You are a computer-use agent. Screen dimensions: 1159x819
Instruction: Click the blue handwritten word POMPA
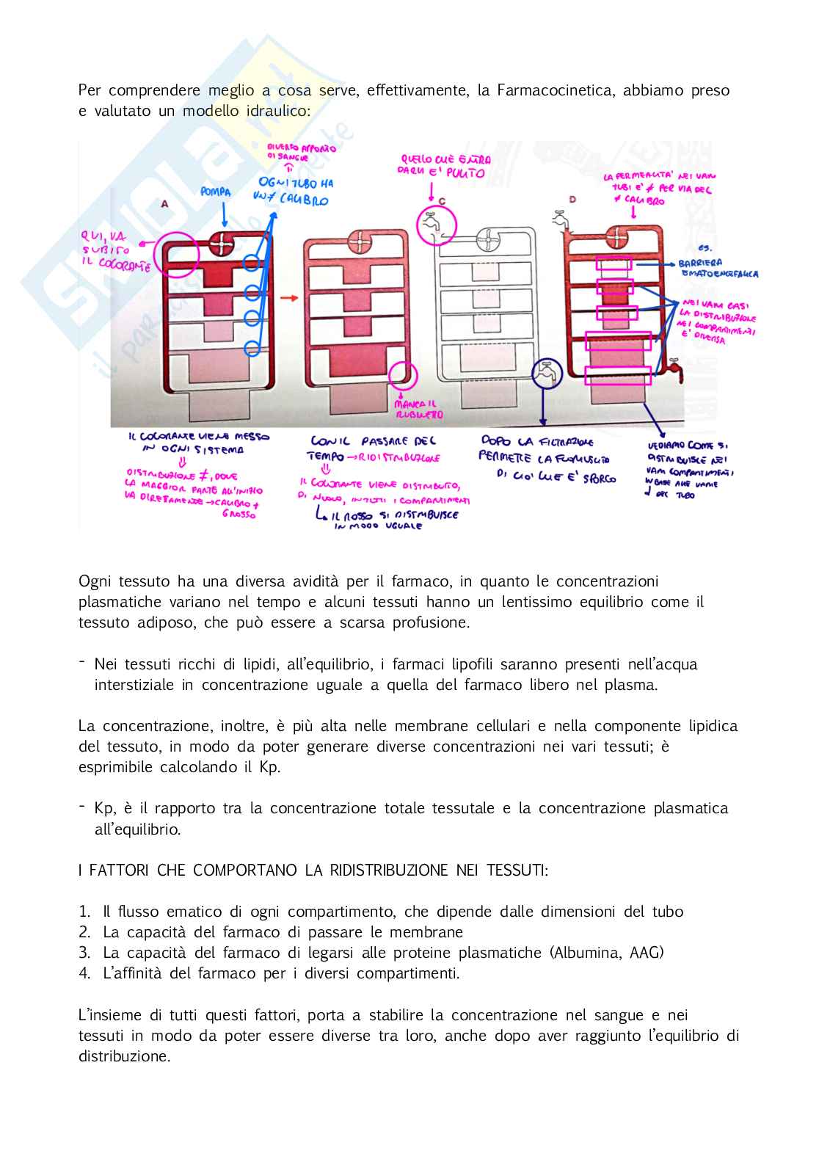coord(216,192)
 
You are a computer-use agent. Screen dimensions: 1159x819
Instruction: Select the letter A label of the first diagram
coord(165,203)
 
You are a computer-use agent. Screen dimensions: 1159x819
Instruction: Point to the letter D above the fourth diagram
coord(572,200)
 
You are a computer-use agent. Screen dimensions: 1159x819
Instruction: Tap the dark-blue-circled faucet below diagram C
coord(546,374)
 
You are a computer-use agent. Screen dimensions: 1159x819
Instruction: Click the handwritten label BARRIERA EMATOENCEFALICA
coord(717,268)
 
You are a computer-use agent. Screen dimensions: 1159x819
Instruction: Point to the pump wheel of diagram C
coord(488,240)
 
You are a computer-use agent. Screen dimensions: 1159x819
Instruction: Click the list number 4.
coord(84,973)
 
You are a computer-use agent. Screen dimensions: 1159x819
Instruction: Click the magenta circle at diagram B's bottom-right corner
coord(403,376)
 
